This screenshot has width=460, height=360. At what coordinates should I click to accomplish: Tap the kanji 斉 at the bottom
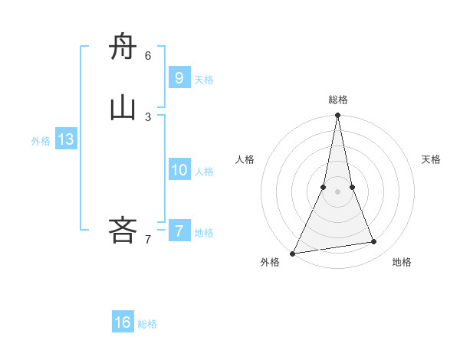(x=123, y=230)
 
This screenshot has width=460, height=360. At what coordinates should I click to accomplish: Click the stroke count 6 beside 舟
(x=148, y=56)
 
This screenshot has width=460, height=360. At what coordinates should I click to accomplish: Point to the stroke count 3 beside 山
(x=148, y=116)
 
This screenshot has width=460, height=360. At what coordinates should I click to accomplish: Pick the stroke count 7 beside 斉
(x=148, y=240)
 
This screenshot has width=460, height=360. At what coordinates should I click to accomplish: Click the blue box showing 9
(x=179, y=77)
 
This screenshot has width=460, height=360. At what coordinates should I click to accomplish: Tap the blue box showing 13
(x=65, y=139)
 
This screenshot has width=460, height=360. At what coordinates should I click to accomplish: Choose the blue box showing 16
(x=123, y=322)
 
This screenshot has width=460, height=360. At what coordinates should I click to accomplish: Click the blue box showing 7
(x=179, y=231)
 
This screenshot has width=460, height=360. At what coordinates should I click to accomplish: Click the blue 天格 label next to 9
(x=204, y=80)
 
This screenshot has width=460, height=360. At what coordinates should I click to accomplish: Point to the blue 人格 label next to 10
(x=204, y=172)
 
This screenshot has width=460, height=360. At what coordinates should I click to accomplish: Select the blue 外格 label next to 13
(x=41, y=141)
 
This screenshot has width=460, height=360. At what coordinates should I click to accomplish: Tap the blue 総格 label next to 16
(x=147, y=324)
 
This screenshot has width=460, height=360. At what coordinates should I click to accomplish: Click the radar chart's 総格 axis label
(x=337, y=100)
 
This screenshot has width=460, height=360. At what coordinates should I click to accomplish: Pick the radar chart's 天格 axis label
(x=432, y=159)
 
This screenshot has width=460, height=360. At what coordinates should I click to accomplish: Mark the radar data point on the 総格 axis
(x=337, y=116)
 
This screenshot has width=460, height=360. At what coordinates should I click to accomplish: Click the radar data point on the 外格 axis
(x=293, y=254)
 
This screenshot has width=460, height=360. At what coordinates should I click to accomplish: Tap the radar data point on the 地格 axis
(x=374, y=242)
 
